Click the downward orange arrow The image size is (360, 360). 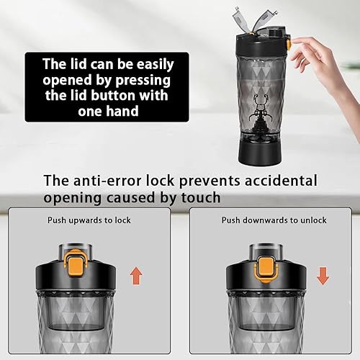click(x=323, y=275)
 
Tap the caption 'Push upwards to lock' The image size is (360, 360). click(x=89, y=220)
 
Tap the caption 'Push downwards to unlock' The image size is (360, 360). click(x=274, y=220)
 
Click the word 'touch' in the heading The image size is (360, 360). click(x=198, y=197)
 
